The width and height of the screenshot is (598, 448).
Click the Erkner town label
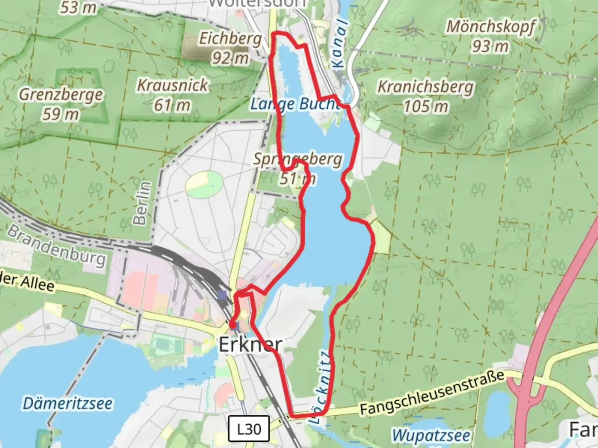point(250,345)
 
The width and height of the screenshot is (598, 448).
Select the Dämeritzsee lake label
point(67,403)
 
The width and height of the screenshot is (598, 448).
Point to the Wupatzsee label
point(431,435)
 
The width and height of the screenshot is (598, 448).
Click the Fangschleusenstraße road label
point(432,392)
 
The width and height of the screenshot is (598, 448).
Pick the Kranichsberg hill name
point(425,87)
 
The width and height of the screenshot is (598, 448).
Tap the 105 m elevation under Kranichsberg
point(426,107)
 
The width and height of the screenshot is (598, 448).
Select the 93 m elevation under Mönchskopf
point(490,46)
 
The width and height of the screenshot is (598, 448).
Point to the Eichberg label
point(230,39)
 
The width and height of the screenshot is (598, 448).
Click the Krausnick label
point(172,85)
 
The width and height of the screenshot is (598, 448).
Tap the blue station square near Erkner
point(223,295)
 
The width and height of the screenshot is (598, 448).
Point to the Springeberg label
point(298,159)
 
